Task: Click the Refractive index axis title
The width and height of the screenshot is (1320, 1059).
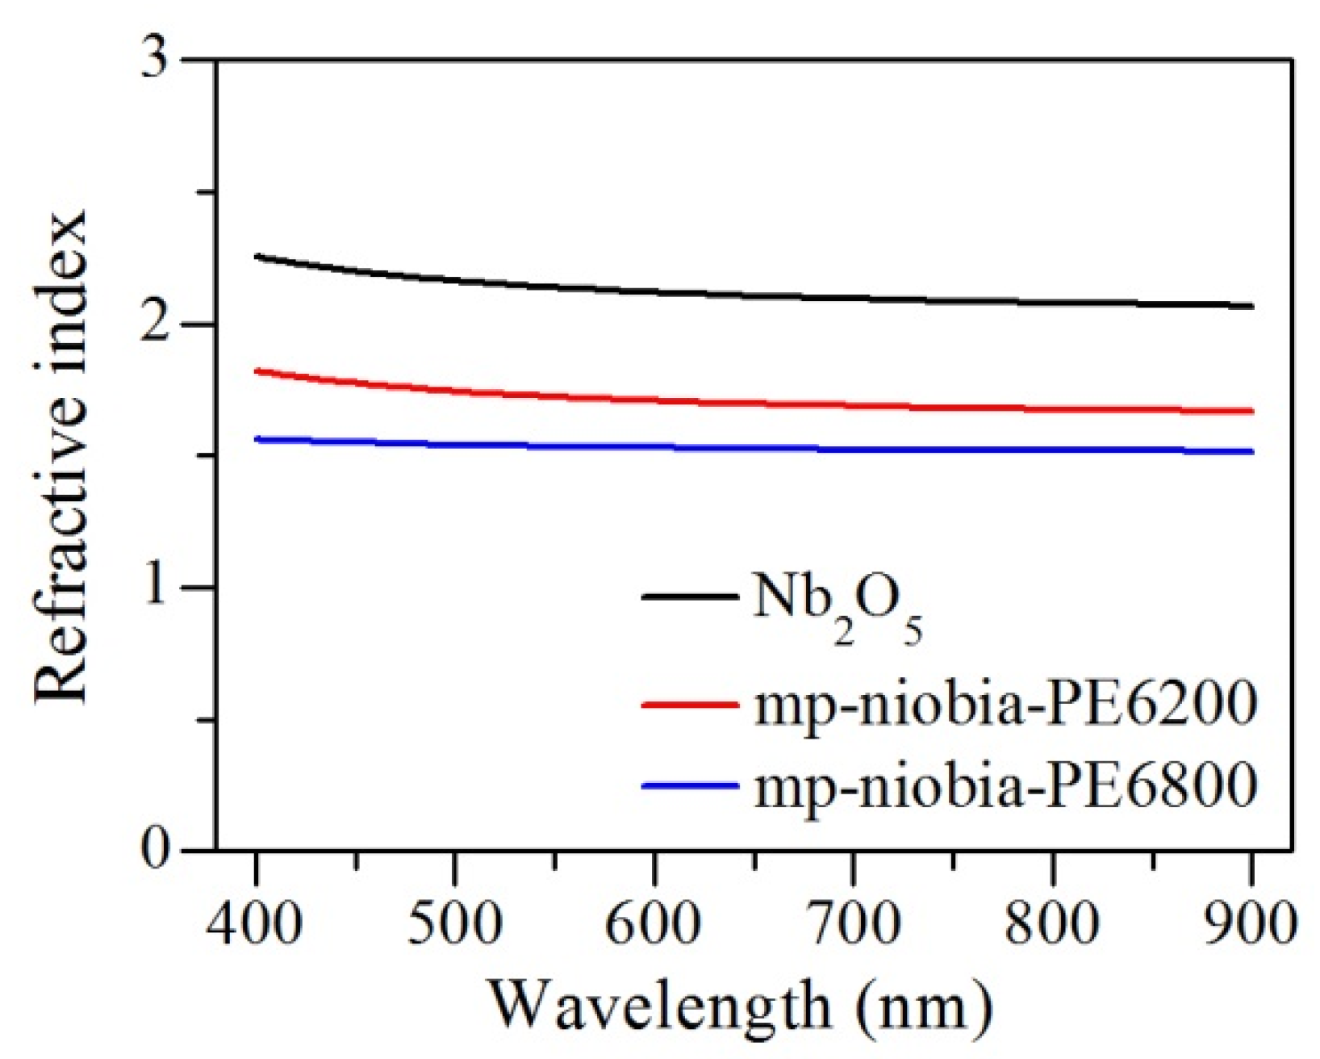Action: [x=60, y=456]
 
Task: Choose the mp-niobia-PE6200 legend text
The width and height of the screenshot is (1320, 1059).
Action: [x=1005, y=705]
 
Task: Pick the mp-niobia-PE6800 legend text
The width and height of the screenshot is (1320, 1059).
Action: [x=1005, y=785]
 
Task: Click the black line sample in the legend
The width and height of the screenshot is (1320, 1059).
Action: [x=690, y=597]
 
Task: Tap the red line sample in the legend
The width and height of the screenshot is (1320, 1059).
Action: [x=690, y=704]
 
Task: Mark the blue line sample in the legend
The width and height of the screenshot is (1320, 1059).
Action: [x=690, y=784]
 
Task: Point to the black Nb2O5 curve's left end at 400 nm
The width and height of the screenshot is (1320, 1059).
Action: [x=257, y=257]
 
